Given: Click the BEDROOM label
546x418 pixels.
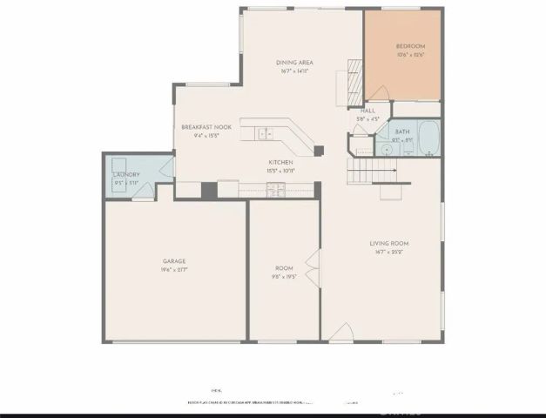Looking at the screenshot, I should click(410, 46).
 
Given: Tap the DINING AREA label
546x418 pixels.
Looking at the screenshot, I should click(294, 63).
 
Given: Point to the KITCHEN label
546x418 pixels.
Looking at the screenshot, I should click(280, 163).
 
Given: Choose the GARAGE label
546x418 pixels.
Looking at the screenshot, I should click(174, 260).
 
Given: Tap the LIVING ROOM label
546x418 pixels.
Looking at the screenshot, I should click(389, 243).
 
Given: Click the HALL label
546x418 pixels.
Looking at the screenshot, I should click(367, 111).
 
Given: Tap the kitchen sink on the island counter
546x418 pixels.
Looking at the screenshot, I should click(265, 133).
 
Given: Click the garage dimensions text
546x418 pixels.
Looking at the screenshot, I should click(174, 270).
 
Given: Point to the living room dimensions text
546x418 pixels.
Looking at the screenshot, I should click(389, 253).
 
